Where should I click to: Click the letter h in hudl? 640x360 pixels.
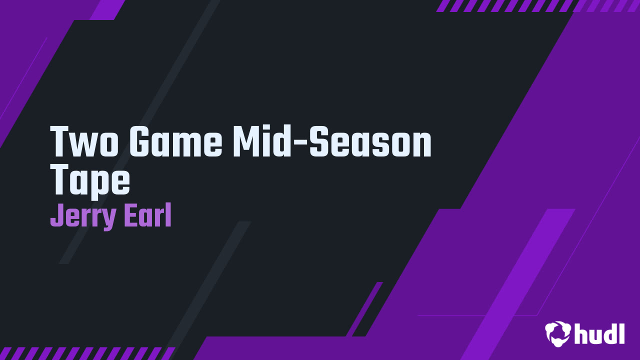point(581,333)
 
